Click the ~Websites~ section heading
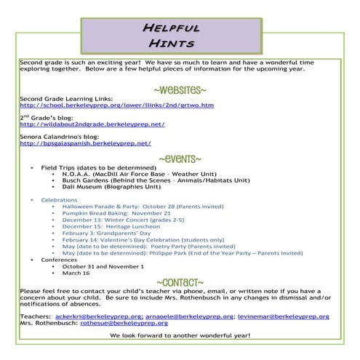point(180,89)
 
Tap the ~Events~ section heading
point(180,159)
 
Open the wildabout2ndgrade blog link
point(92,124)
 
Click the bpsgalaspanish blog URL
point(85,143)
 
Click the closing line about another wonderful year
point(180,336)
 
